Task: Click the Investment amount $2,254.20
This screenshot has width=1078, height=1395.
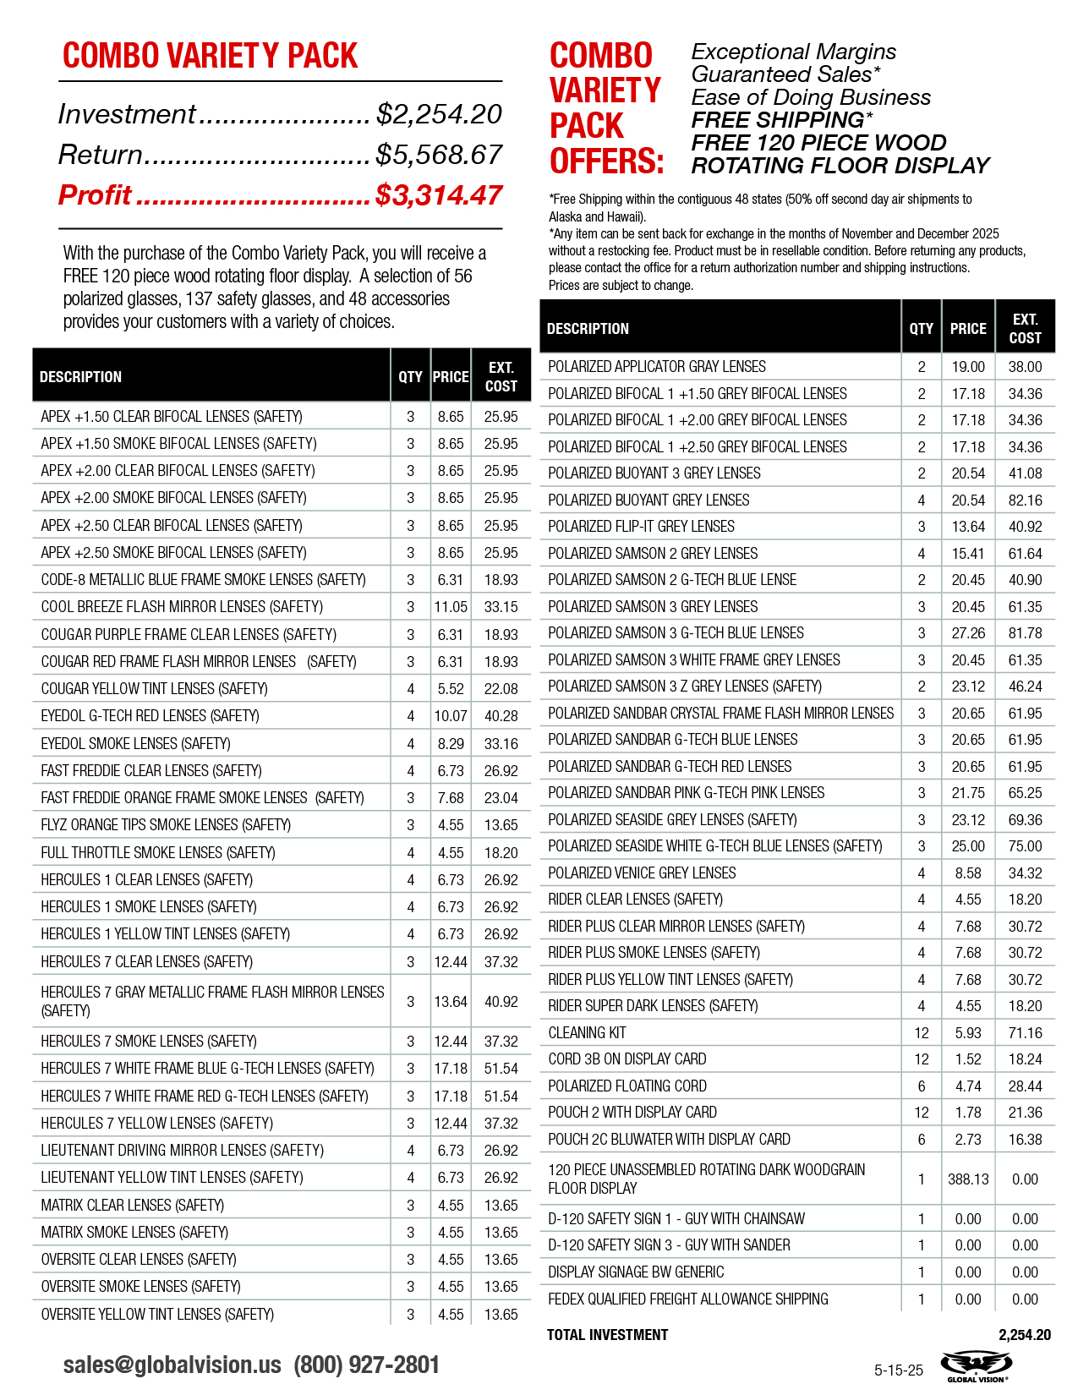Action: pos(439,114)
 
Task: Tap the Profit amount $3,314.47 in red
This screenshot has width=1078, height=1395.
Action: pos(439,195)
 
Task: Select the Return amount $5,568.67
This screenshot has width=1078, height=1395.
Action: pos(439,155)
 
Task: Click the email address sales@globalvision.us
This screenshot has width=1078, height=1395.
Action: pos(172,1365)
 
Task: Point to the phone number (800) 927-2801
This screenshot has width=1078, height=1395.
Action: pos(366,1365)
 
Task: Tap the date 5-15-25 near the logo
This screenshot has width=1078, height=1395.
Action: pos(899,1370)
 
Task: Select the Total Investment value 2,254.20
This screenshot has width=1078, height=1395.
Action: pos(1024,1335)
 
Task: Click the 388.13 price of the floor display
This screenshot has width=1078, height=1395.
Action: pos(968,1179)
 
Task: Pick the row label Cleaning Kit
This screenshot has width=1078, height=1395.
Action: pos(587,1032)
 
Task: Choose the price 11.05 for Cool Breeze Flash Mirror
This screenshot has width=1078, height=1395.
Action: pos(451,607)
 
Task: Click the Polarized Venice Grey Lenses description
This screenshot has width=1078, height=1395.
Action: pos(642,873)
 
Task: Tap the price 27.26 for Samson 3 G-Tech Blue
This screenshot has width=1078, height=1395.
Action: pos(968,633)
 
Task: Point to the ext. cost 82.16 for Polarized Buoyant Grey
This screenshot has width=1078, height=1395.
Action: pos(1025,500)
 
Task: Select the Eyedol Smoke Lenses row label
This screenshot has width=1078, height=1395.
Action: pos(135,743)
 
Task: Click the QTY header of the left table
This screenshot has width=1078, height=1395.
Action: pos(410,377)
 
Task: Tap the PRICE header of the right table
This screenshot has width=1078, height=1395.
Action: pos(968,329)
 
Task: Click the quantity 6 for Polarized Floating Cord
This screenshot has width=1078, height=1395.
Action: pos(922,1086)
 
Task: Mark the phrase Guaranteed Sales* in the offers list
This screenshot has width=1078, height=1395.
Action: pos(785,74)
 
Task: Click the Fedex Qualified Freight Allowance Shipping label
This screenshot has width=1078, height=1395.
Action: pos(687,1299)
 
